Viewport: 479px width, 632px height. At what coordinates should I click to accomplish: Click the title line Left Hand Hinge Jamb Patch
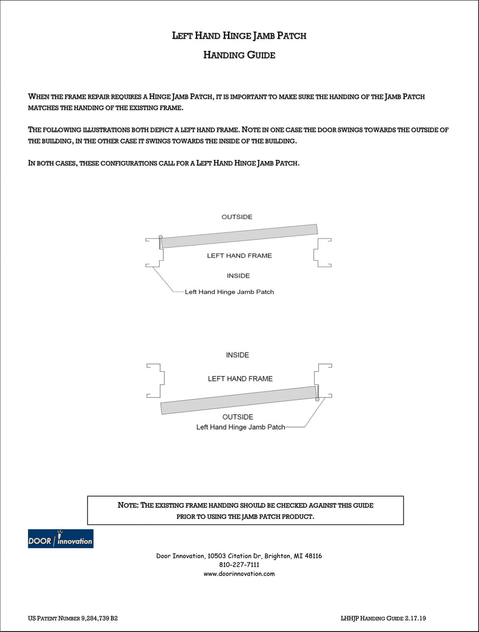coord(239,36)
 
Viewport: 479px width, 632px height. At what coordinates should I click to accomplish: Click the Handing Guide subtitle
coord(239,55)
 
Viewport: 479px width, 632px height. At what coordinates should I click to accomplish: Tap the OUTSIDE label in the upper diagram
coord(237,217)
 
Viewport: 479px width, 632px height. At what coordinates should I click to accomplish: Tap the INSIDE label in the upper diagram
coord(238,276)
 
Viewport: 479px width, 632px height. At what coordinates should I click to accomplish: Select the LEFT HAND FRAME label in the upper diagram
coord(239,256)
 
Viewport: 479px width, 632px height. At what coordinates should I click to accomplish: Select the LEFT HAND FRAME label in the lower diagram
coord(240,379)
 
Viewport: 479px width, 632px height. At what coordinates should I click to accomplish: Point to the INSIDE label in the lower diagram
coord(237,355)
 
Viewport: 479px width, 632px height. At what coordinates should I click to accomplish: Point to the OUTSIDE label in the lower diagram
coord(238,417)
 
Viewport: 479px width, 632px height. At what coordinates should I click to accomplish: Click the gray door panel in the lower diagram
coord(240,400)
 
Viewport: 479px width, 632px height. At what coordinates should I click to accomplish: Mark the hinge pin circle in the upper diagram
coord(160,237)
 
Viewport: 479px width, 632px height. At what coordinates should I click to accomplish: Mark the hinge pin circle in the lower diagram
coord(317,400)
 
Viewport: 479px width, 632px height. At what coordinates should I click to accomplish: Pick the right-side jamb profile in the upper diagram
coord(321,253)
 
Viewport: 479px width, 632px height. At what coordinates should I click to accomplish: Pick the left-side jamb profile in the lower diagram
coord(156,380)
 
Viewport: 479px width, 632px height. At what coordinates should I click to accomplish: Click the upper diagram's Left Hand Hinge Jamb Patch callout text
coord(229,292)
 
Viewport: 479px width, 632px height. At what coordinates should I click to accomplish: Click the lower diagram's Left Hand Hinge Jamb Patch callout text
coord(240,427)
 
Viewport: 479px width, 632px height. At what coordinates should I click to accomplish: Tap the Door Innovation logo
coord(61,539)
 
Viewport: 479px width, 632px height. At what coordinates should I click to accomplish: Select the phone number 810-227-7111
coord(239,565)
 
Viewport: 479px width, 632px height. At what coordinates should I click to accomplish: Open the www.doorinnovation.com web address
coord(239,574)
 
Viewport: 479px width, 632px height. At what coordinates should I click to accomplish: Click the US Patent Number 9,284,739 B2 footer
coord(73,618)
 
